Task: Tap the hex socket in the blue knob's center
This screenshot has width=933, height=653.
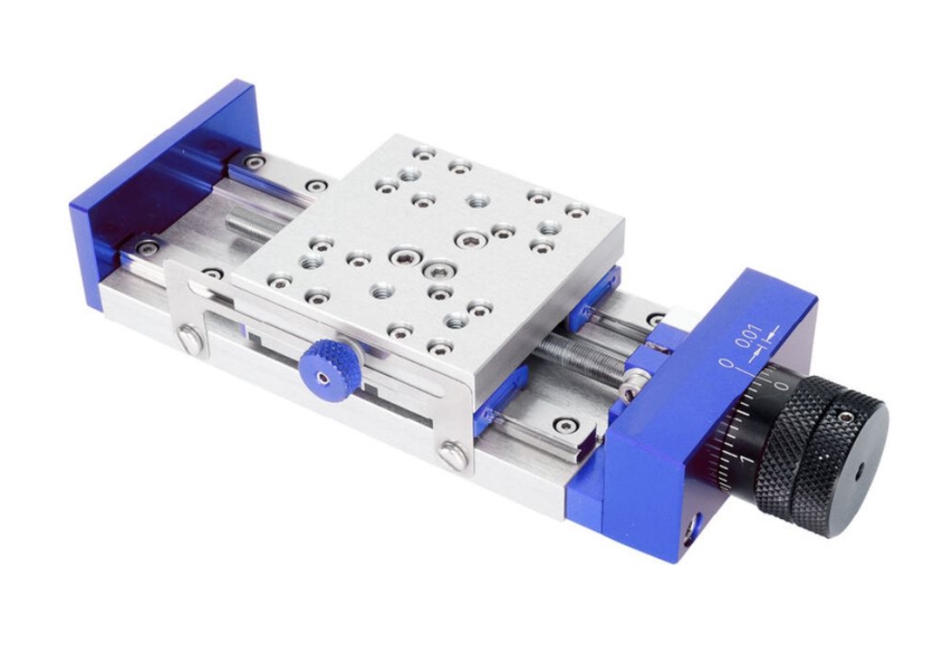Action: pyautogui.click(x=323, y=378)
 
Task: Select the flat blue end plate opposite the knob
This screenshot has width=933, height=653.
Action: pyautogui.click(x=164, y=193)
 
